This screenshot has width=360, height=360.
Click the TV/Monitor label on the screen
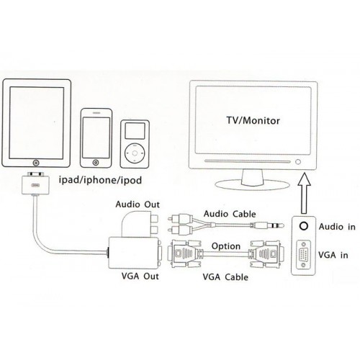(253, 120)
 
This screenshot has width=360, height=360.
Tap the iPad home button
(36, 163)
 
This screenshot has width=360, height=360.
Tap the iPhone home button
(96, 163)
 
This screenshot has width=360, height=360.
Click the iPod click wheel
(135, 153)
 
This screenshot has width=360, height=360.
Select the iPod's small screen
(135, 131)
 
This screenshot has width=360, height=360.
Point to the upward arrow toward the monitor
(304, 193)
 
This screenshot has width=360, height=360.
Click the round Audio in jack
(304, 226)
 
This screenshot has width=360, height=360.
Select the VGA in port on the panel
(304, 255)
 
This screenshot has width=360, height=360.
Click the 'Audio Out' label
(138, 204)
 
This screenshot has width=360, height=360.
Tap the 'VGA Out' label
(140, 276)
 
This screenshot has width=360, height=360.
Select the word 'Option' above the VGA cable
(226, 246)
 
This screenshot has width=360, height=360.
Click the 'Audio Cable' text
(230, 214)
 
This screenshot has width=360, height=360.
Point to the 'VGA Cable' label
(225, 277)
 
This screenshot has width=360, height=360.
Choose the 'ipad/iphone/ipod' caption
(100, 180)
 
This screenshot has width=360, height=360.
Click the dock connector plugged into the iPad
(35, 184)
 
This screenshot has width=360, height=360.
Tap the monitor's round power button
(298, 162)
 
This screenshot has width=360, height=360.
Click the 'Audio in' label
(337, 227)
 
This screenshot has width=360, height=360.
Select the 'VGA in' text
(333, 255)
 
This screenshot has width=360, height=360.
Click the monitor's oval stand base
(252, 185)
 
